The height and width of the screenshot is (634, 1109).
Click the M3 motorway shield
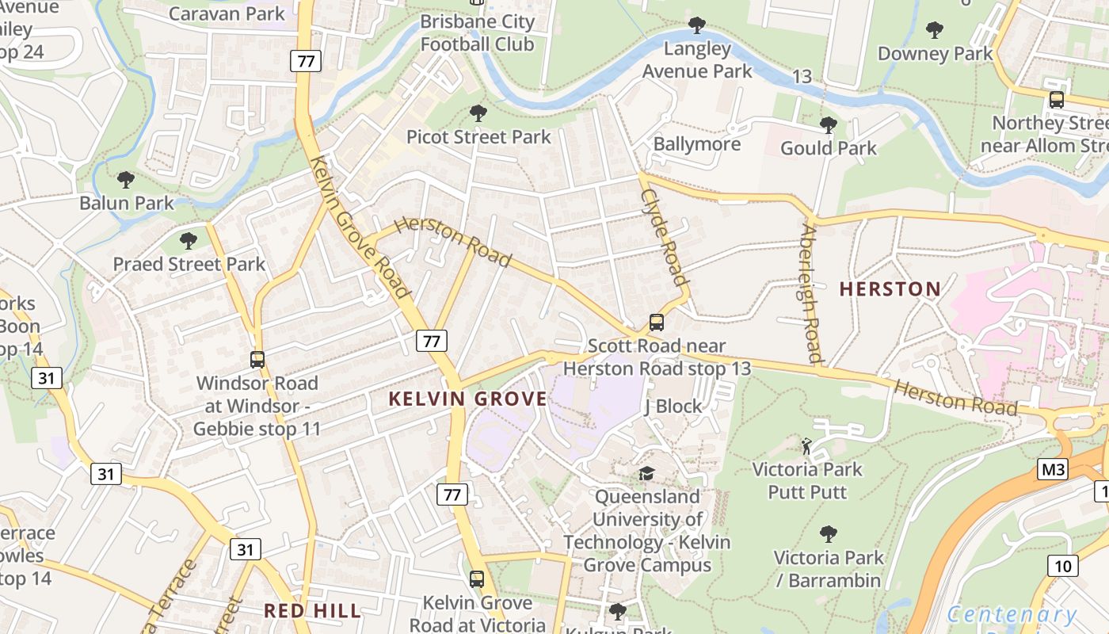(1053, 469)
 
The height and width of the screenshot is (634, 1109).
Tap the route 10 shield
(1062, 565)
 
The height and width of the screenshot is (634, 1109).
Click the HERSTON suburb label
(890, 289)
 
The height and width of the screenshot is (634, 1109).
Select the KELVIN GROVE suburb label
(467, 399)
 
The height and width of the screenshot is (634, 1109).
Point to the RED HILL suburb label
(312, 610)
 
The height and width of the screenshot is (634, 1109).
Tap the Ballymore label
(696, 144)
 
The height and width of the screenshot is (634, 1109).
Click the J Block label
(673, 407)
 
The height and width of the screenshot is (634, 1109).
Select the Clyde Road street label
(663, 236)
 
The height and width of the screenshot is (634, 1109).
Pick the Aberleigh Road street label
(810, 293)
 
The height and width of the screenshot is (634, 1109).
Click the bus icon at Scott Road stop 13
(656, 323)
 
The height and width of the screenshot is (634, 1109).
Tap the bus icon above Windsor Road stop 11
(257, 360)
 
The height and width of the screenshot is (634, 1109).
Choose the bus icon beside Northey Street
(1056, 100)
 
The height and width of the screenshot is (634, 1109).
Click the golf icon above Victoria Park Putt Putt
(806, 446)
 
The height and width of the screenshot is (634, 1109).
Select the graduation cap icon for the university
(647, 474)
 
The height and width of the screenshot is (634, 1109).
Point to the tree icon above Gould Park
(828, 125)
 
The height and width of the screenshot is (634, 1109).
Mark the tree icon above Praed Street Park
(188, 240)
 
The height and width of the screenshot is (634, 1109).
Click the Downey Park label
(935, 54)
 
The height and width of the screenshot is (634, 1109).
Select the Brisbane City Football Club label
(477, 32)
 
